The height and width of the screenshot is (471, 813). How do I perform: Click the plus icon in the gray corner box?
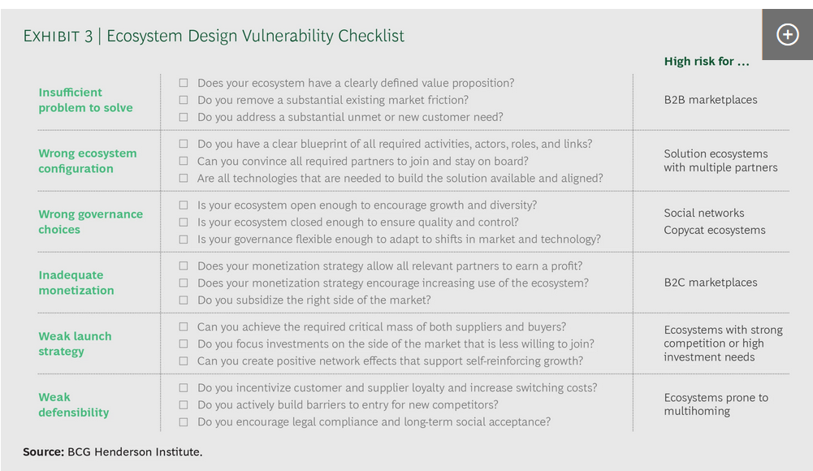(787, 35)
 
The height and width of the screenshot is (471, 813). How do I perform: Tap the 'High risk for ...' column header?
(706, 61)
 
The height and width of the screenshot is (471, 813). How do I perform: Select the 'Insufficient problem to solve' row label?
(85, 100)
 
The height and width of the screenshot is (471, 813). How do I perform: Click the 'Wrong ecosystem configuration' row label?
(88, 161)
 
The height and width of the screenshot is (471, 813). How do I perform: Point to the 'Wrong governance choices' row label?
(90, 222)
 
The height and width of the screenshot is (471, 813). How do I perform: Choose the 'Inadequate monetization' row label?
(76, 283)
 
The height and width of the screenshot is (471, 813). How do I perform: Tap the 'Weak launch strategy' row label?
(75, 344)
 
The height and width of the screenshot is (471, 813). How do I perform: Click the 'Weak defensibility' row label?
(74, 404)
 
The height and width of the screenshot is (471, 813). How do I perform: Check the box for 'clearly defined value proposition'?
(184, 83)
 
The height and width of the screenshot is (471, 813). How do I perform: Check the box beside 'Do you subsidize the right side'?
(184, 300)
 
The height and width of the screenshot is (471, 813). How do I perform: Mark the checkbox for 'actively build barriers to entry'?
(184, 404)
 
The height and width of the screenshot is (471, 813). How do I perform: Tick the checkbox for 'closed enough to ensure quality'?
(184, 223)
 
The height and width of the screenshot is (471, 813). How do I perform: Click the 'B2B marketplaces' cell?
(711, 100)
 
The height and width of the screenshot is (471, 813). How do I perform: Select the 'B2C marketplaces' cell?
(711, 283)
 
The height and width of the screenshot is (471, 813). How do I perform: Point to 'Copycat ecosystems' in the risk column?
(715, 230)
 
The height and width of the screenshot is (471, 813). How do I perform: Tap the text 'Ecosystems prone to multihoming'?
(716, 404)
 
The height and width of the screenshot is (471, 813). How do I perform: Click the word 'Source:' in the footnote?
(44, 452)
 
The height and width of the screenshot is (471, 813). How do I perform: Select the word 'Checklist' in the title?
(371, 36)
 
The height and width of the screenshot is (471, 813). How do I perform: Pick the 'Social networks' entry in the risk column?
(704, 213)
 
